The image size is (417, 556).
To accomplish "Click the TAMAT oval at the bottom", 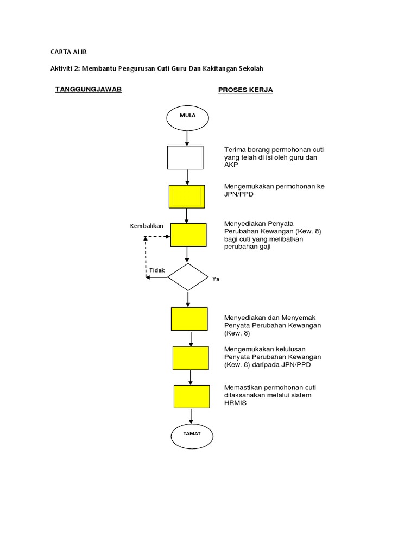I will (192, 434).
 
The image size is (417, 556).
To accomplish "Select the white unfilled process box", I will (185, 157).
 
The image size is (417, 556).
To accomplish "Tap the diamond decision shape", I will (188, 277).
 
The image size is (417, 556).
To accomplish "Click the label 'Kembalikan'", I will (147, 225).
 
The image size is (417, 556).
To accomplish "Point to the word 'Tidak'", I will (157, 270).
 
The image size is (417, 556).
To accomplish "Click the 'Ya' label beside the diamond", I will (216, 279).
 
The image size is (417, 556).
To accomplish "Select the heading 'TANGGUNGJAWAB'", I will (89, 89).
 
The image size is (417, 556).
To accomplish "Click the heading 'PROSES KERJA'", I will (245, 90).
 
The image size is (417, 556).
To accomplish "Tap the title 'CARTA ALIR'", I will (68, 52).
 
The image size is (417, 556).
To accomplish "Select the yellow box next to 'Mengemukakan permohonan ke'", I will (187, 197).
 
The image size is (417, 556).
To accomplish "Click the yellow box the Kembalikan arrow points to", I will (188, 235).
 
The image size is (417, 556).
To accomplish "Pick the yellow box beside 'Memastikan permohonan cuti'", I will (192, 396).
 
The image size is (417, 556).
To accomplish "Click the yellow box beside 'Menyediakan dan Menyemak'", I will (189, 319).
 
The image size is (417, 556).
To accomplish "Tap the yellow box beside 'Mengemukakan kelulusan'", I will (191, 358).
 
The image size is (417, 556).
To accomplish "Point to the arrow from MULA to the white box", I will (187, 138).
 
